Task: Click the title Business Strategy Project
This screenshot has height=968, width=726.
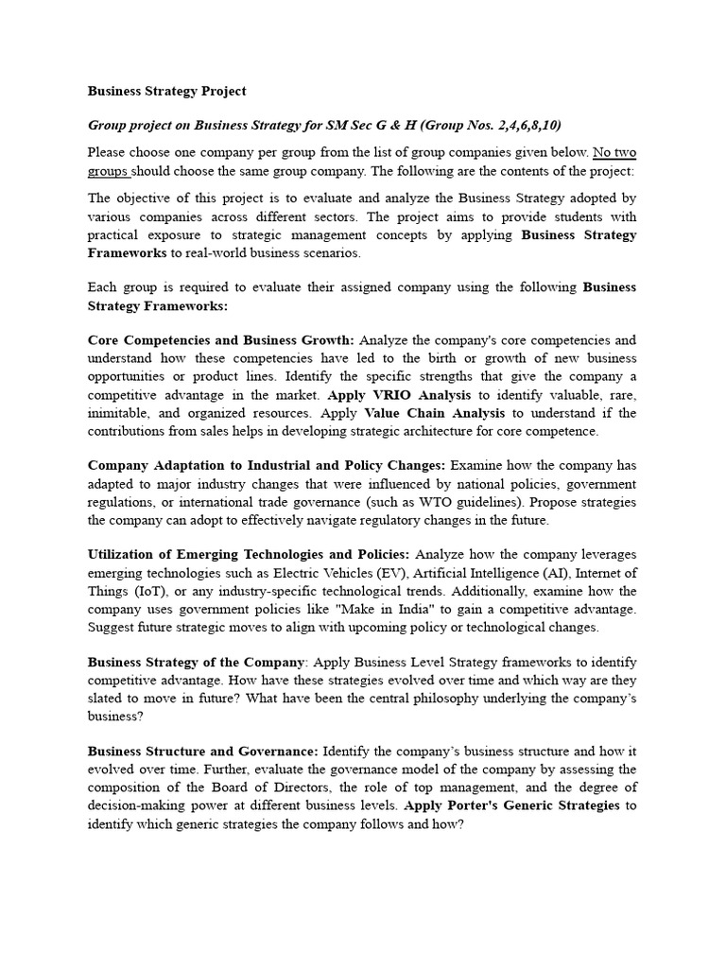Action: pyautogui.click(x=166, y=91)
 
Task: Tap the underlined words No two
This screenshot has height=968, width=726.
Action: pyautogui.click(x=614, y=152)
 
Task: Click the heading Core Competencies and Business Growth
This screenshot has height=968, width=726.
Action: pyautogui.click(x=221, y=340)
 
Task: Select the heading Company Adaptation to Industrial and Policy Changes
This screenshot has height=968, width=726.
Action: pyautogui.click(x=267, y=465)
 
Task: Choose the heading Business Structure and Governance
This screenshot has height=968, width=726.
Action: pyautogui.click(x=203, y=752)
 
